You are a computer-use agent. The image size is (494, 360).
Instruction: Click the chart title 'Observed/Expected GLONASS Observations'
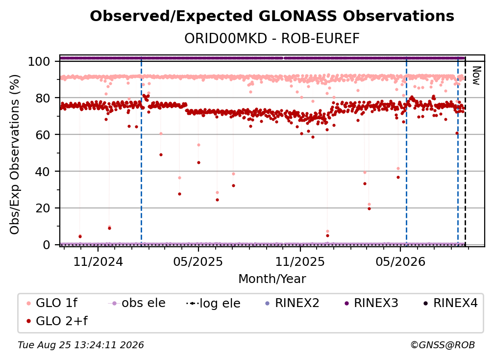coord(272,16)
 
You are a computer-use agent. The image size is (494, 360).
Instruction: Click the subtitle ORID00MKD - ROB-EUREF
coord(272,38)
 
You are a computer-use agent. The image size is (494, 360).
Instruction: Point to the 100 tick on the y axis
coord(39,61)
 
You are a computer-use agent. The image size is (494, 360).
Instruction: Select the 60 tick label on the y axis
coord(43,134)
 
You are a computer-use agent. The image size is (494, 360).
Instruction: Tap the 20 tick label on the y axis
coord(43,208)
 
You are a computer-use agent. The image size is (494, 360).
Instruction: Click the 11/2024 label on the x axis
coord(98,261)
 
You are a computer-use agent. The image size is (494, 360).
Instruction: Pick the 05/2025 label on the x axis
coord(198,261)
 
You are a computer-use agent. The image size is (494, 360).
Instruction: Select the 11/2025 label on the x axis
coord(300,261)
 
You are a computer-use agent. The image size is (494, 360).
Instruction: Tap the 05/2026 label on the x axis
coord(400,261)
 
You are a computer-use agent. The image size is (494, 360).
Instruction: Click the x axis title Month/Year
coord(272,279)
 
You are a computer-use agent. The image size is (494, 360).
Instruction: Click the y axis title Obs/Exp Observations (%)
coord(15,154)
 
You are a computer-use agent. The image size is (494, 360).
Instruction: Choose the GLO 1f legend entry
coord(51,303)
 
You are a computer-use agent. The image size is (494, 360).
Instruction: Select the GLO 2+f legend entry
coord(57,321)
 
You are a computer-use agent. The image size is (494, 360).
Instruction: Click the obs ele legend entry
coord(137,303)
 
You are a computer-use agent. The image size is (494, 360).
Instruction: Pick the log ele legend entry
coord(213,303)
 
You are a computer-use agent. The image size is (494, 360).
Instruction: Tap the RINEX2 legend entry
coord(292,303)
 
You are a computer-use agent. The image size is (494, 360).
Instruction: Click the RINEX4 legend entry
coord(450,303)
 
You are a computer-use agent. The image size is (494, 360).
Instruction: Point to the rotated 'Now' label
coord(476,76)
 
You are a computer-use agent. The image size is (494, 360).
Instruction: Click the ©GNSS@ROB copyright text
coord(443,345)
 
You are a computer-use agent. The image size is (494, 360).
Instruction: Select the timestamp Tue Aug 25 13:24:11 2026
coord(81,345)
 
